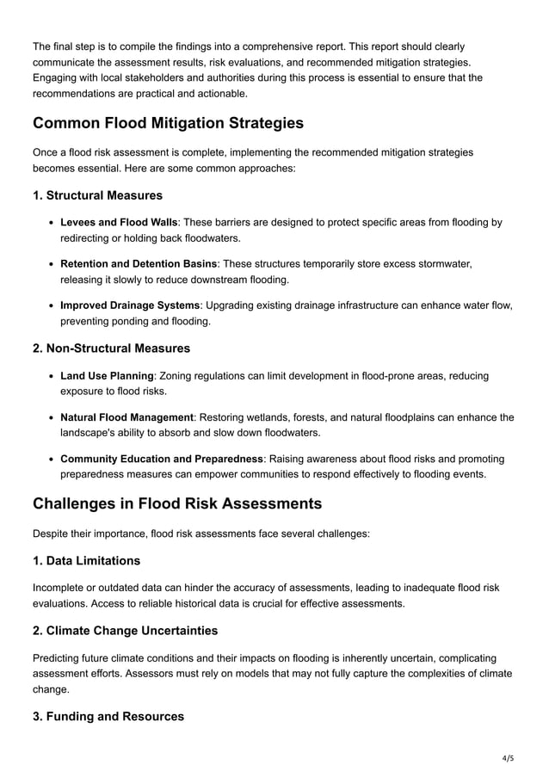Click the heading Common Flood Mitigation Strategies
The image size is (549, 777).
[168, 123]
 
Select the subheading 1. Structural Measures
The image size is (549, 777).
[97, 195]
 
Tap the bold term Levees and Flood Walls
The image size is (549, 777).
[119, 223]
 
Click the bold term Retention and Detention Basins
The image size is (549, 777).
[139, 264]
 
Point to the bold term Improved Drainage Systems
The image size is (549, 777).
[130, 305]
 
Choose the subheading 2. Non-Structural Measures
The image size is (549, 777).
[111, 348]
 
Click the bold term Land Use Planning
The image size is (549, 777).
[107, 376]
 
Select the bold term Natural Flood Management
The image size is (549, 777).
[127, 417]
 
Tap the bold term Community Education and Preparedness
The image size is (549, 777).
[162, 459]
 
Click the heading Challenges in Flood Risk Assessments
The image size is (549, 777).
[177, 503]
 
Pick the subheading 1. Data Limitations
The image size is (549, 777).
[86, 561]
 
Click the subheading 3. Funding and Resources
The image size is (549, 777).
[108, 717]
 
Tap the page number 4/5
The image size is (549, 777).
[508, 758]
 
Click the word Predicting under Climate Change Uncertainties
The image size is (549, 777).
[59, 657]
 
